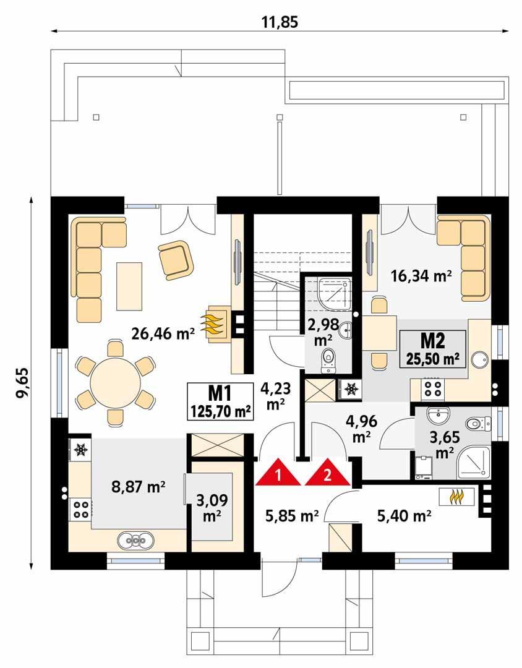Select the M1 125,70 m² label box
point(220,401)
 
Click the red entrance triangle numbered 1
point(278,473)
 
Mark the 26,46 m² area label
point(163,334)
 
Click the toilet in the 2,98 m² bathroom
point(328,360)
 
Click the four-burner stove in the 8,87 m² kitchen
point(80,509)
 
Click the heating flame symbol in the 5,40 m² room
point(456,497)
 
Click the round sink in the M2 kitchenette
point(480,359)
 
